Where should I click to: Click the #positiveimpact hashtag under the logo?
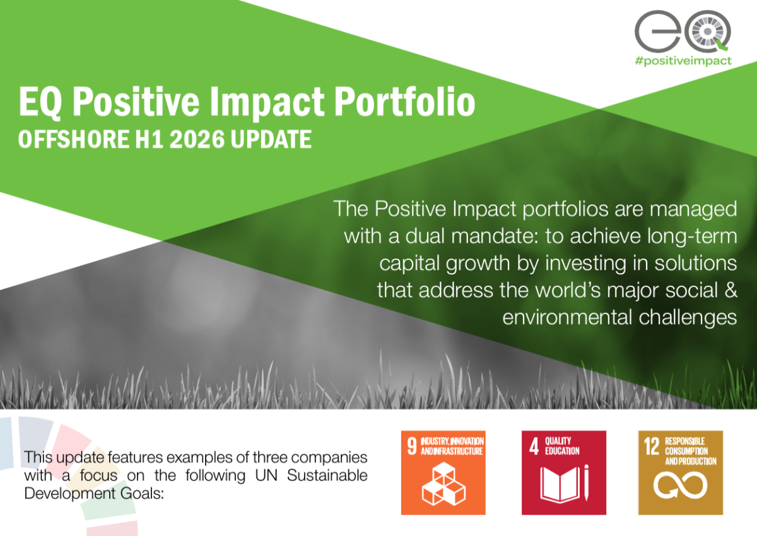pos(683,61)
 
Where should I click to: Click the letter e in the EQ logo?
pos(657,31)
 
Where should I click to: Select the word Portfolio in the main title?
pos(404,102)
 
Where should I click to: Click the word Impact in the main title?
pos(267,102)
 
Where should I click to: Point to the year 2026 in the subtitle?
pos(197,139)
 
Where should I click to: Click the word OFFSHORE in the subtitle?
pos(74,139)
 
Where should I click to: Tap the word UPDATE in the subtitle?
pos(271,139)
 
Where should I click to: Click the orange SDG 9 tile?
pos(443,473)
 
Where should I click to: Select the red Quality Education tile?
pos(564,473)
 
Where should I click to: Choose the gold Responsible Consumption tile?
pos(681,473)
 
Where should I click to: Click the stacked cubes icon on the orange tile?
pos(443,484)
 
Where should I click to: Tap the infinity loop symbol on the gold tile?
pos(680,486)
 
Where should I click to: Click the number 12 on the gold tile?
pos(652,446)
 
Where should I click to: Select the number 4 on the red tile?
pos(534,446)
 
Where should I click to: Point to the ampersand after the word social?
pos(731,290)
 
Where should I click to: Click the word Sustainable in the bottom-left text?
pos(327,475)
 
